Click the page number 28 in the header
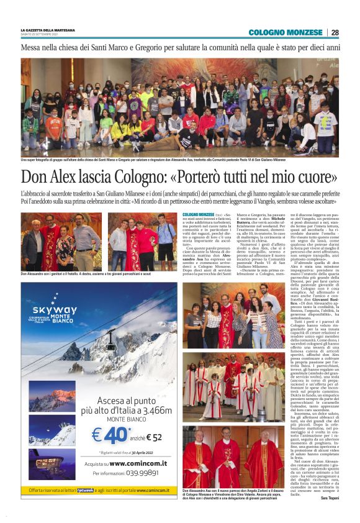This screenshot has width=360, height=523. click(x=335, y=32)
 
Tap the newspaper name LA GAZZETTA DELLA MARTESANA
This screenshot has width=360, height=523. click(x=48, y=29)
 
